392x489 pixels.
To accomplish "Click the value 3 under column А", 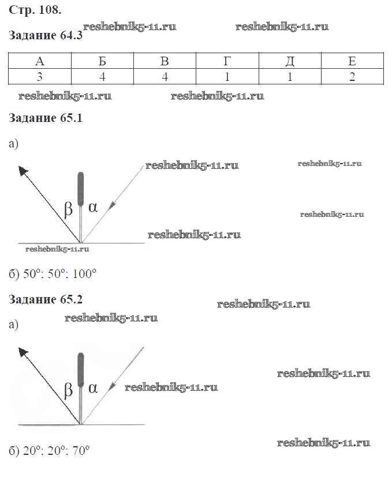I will coord(40,77).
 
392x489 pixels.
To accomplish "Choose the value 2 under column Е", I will coord(352,77).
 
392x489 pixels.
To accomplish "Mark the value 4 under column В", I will coord(165,77).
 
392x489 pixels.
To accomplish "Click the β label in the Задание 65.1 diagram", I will coord(68,209).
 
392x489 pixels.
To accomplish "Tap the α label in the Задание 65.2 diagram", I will coord(94,388).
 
